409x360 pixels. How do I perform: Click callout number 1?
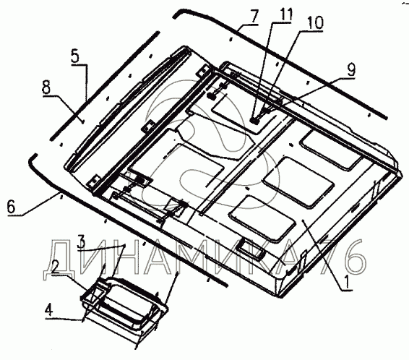pos(347,282)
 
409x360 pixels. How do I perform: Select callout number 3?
pos(82,241)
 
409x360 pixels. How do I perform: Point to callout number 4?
pos(49,311)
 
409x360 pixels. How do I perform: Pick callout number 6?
pos(12,207)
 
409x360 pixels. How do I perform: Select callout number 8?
pos(46,88)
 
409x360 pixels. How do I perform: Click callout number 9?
pos(351,69)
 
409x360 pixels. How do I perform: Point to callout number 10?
pos(315,23)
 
